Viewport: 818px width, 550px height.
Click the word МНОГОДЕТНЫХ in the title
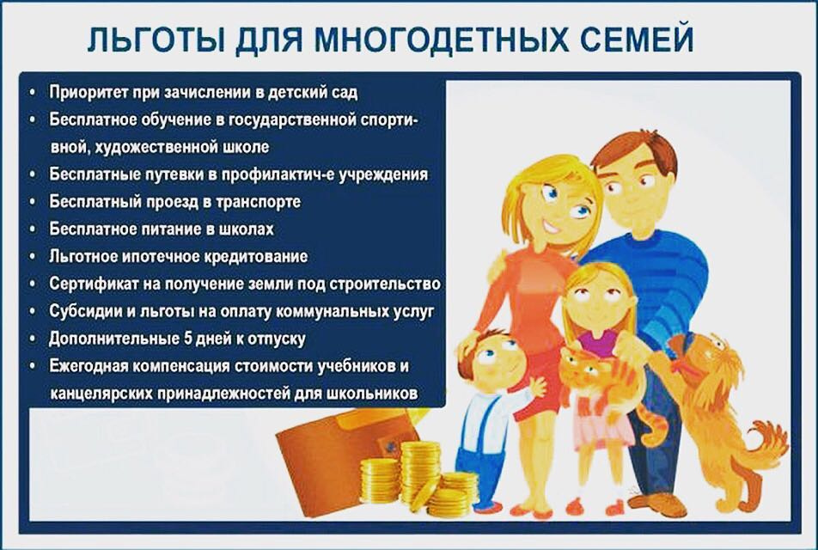[x=438, y=40]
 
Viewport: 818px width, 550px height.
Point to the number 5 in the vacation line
[x=188, y=338]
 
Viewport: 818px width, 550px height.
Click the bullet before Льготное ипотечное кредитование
[x=33, y=257]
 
